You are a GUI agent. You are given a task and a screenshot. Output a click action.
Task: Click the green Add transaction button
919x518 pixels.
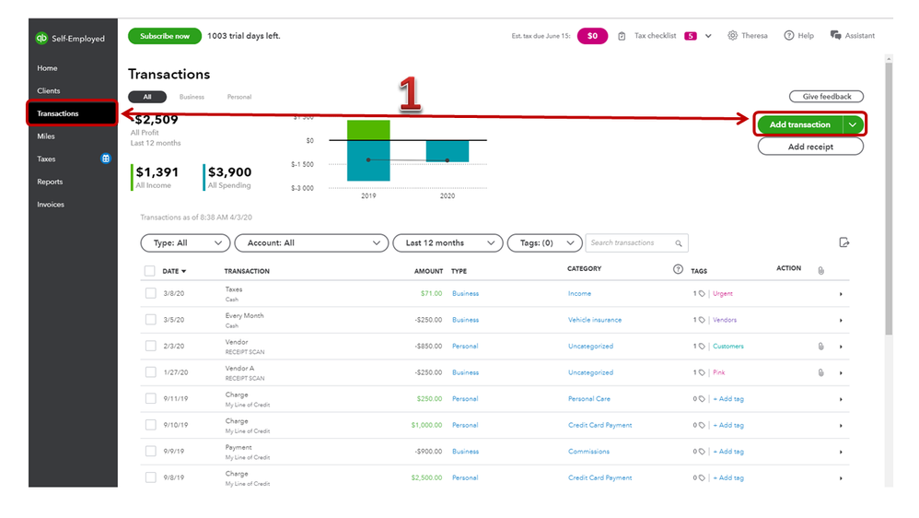click(x=800, y=124)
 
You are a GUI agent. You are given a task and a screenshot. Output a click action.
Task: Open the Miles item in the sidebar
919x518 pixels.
click(x=46, y=136)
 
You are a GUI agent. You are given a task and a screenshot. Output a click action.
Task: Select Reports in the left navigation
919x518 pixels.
click(x=50, y=182)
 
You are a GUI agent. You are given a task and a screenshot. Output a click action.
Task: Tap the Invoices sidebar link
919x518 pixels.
click(x=51, y=205)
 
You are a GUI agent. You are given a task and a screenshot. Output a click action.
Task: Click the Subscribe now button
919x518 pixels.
click(x=165, y=36)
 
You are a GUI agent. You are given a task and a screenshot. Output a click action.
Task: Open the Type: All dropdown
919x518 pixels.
click(x=185, y=242)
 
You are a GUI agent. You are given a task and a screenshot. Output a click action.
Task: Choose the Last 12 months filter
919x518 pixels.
click(x=448, y=242)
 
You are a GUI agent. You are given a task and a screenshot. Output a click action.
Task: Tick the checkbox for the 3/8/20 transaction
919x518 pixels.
click(x=151, y=293)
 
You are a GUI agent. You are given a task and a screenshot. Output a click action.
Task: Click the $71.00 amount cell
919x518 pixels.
click(x=431, y=293)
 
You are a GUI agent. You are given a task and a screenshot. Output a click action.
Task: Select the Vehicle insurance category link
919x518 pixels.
click(x=595, y=320)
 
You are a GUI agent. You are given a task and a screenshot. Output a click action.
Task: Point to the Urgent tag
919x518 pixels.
click(x=723, y=293)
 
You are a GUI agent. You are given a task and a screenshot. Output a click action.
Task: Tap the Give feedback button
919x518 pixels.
click(x=826, y=96)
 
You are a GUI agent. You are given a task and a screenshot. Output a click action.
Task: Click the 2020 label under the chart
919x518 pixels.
click(x=448, y=196)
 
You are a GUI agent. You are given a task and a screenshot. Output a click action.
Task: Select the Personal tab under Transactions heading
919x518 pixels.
click(x=239, y=97)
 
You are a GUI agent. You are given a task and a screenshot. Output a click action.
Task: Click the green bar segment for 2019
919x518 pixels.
click(x=368, y=130)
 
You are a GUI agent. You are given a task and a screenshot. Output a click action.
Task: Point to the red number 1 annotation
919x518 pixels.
click(x=410, y=93)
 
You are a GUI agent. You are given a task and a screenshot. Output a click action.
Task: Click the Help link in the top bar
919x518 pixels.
click(x=799, y=36)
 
